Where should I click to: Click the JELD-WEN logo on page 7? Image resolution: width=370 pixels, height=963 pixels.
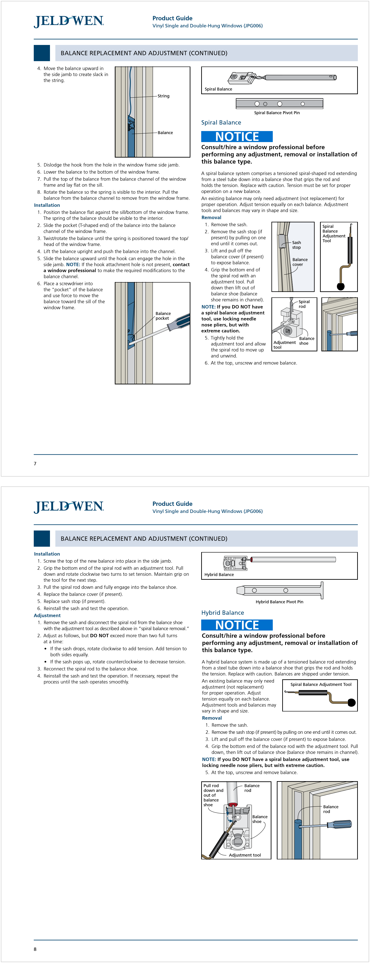[x=69, y=21]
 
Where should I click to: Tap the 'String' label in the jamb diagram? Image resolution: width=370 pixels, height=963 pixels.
[x=163, y=96]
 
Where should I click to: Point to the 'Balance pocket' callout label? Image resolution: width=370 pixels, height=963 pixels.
[x=163, y=316]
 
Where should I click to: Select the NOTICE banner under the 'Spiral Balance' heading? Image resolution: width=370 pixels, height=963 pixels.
[x=237, y=136]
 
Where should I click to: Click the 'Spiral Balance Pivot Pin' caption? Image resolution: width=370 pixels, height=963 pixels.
[x=277, y=113]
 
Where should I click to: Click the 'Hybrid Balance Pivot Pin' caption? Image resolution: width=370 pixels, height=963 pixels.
[x=279, y=602]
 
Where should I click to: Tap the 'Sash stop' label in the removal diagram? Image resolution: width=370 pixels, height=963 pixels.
[x=296, y=245]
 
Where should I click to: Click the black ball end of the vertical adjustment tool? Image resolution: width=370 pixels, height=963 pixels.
[x=341, y=286]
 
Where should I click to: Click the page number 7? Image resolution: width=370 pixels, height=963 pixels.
[x=35, y=464]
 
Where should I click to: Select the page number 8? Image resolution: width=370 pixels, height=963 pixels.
[x=35, y=949]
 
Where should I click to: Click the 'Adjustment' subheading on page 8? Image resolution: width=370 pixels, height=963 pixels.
[x=47, y=615]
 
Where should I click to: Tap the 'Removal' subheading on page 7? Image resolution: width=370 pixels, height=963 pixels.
[x=211, y=218]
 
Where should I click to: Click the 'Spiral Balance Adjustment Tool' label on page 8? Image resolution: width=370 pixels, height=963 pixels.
[x=321, y=684]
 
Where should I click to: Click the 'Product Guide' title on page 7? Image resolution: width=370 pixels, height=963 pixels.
[x=172, y=18]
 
